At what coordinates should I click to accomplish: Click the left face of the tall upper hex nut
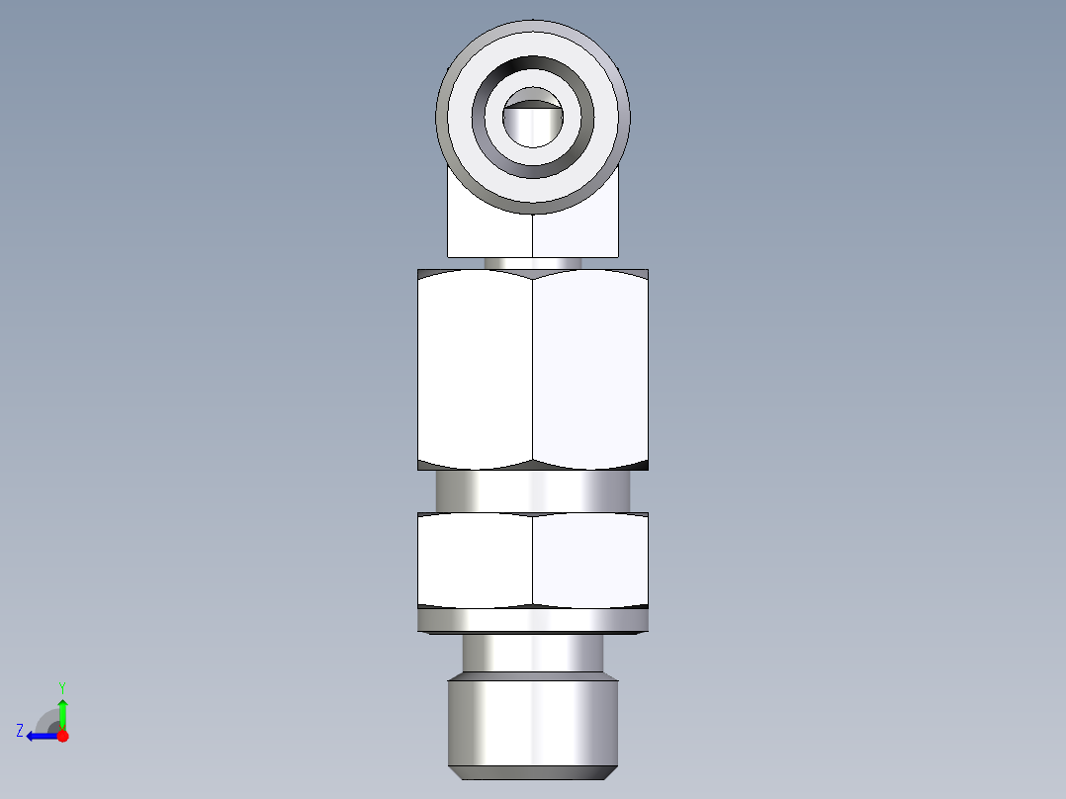(475, 371)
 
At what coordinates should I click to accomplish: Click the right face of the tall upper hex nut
(590, 371)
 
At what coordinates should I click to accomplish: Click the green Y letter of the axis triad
(62, 686)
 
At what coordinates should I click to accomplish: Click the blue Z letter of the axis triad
(20, 731)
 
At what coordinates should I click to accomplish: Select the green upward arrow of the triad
(62, 710)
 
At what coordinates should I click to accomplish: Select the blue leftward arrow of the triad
(40, 736)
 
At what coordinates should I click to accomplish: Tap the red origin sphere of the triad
(62, 736)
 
